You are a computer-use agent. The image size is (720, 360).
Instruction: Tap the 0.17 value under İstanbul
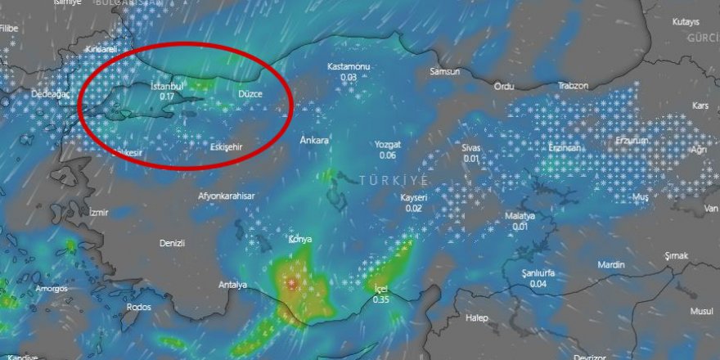(x=167, y=97)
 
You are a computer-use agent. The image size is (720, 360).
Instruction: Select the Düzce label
(x=250, y=95)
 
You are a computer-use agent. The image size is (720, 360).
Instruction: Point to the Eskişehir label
(x=225, y=147)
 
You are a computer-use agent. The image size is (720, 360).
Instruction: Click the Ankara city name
(x=315, y=140)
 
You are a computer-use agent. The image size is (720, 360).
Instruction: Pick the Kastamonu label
(x=349, y=66)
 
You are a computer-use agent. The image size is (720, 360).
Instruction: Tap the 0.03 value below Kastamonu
(x=349, y=77)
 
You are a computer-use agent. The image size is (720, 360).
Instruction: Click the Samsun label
(x=445, y=72)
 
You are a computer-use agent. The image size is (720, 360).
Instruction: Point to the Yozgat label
(x=388, y=144)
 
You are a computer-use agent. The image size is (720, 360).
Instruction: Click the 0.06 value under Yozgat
(x=388, y=155)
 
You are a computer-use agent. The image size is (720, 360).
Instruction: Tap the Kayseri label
(x=414, y=198)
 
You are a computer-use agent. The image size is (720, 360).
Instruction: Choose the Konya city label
(x=300, y=240)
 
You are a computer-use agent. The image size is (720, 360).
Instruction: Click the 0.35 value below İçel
(x=381, y=300)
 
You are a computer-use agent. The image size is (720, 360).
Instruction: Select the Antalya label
(x=233, y=285)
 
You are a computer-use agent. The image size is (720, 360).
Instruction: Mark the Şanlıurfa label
(x=538, y=272)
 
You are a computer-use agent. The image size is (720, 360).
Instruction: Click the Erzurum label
(x=631, y=140)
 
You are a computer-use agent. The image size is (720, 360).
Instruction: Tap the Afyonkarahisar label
(x=227, y=196)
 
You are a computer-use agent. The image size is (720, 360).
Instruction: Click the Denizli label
(x=173, y=243)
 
